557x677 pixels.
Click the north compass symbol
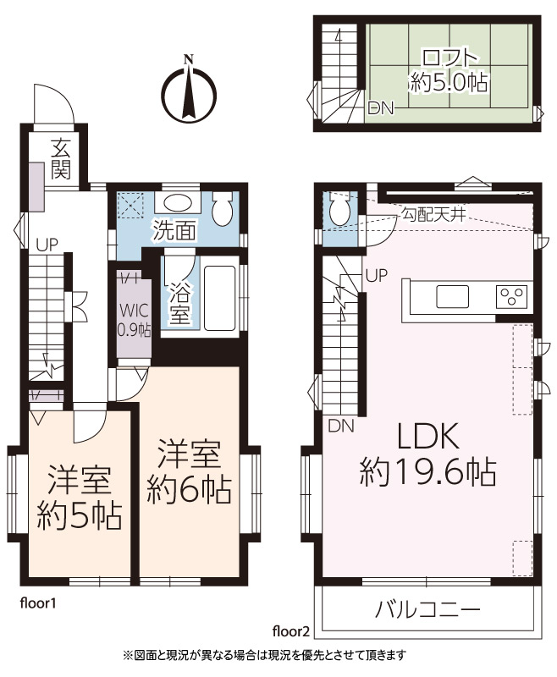(x=189, y=91)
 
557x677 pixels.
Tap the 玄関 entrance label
(x=61, y=159)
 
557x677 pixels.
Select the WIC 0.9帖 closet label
(x=135, y=320)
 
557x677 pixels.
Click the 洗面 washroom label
(x=175, y=230)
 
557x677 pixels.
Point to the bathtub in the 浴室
(x=219, y=297)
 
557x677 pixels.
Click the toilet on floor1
(x=223, y=208)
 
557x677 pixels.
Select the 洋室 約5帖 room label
(x=80, y=498)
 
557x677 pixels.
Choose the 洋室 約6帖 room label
(x=189, y=472)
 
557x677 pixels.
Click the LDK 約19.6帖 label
(x=427, y=454)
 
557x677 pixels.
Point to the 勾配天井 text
(x=433, y=214)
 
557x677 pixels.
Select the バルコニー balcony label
(x=427, y=609)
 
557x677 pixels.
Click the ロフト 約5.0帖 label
(x=449, y=70)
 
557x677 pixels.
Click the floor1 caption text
(x=38, y=603)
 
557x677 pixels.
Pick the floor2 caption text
(x=291, y=631)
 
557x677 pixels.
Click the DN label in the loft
(x=380, y=108)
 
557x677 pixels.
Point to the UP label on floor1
(x=47, y=245)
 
